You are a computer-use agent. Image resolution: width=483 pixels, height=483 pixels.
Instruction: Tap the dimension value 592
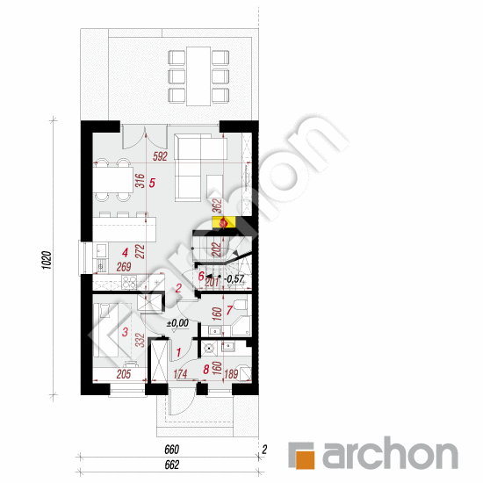(159, 158)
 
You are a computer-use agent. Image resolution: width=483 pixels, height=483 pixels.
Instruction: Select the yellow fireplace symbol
(223, 223)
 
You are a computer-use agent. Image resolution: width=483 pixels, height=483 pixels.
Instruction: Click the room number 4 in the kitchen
(125, 251)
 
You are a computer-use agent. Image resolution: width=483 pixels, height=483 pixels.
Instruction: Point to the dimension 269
(124, 268)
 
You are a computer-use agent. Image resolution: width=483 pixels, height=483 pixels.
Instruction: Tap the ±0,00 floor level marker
(178, 323)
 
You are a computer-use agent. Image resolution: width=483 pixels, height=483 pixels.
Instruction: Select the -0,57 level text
(234, 280)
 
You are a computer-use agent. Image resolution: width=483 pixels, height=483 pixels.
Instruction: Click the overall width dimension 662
(169, 465)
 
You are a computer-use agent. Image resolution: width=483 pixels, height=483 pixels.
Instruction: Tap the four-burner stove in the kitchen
(129, 283)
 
